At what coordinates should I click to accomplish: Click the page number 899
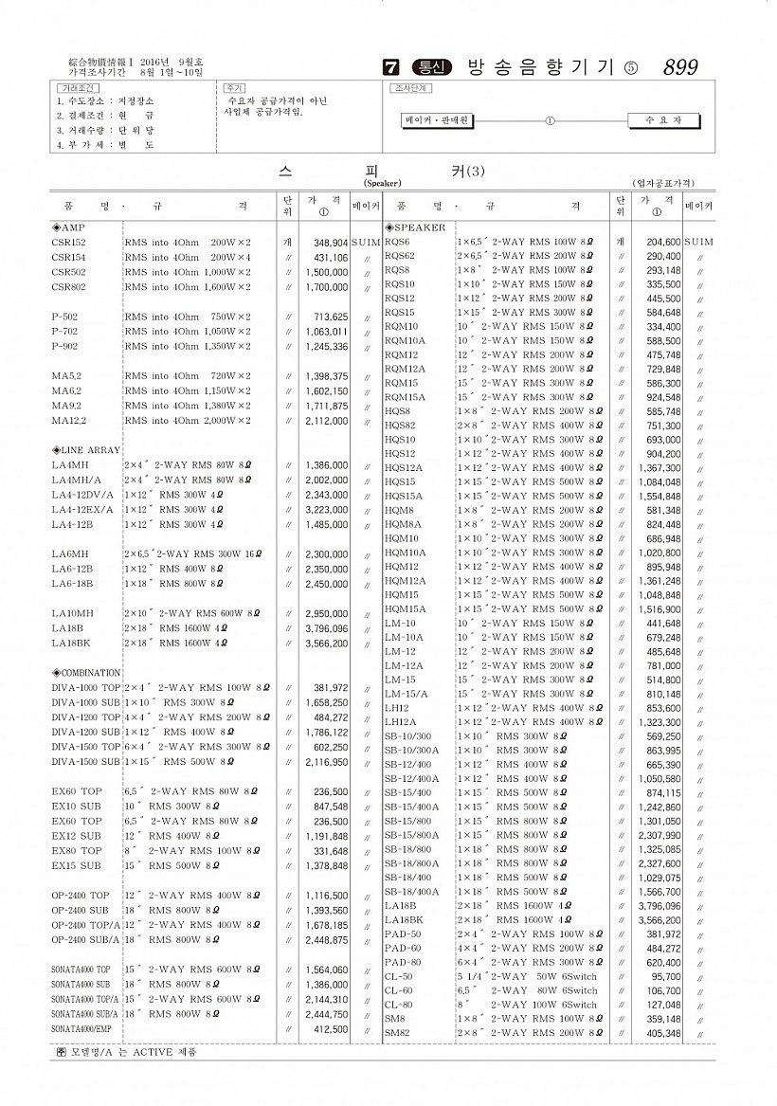pyautogui.click(x=680, y=67)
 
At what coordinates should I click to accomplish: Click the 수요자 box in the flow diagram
pyautogui.click(x=662, y=121)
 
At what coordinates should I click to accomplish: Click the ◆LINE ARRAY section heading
pyautogui.click(x=85, y=450)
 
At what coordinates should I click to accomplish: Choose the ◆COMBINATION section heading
pyautogui.click(x=86, y=673)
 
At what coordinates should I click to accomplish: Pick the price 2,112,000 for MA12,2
pyautogui.click(x=327, y=421)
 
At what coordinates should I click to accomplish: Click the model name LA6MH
pyautogui.click(x=70, y=554)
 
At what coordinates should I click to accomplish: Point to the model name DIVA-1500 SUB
pyautogui.click(x=86, y=762)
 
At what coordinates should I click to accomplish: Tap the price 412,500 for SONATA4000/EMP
pyautogui.click(x=331, y=1028)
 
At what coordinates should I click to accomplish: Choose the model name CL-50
pyautogui.click(x=398, y=976)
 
